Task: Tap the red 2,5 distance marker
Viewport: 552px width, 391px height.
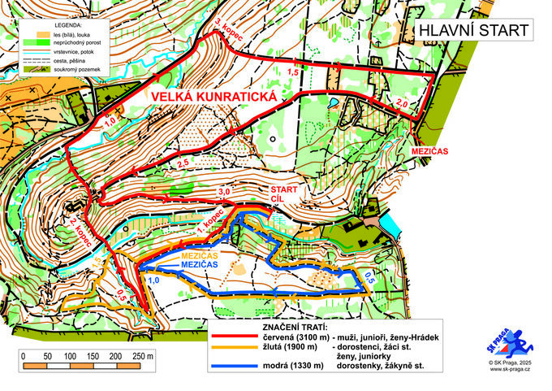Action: pyautogui.click(x=183, y=164)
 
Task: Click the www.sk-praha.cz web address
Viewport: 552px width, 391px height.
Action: pyautogui.click(x=511, y=369)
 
